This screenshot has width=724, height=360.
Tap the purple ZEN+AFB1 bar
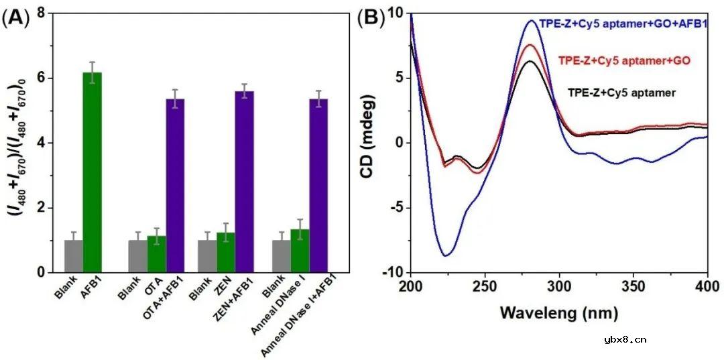pyautogui.click(x=244, y=182)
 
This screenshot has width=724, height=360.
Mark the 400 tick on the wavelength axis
pyautogui.click(x=708, y=288)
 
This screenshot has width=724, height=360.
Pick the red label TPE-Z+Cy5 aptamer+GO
pyautogui.click(x=624, y=61)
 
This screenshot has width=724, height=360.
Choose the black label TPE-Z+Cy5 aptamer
pyautogui.click(x=631, y=93)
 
